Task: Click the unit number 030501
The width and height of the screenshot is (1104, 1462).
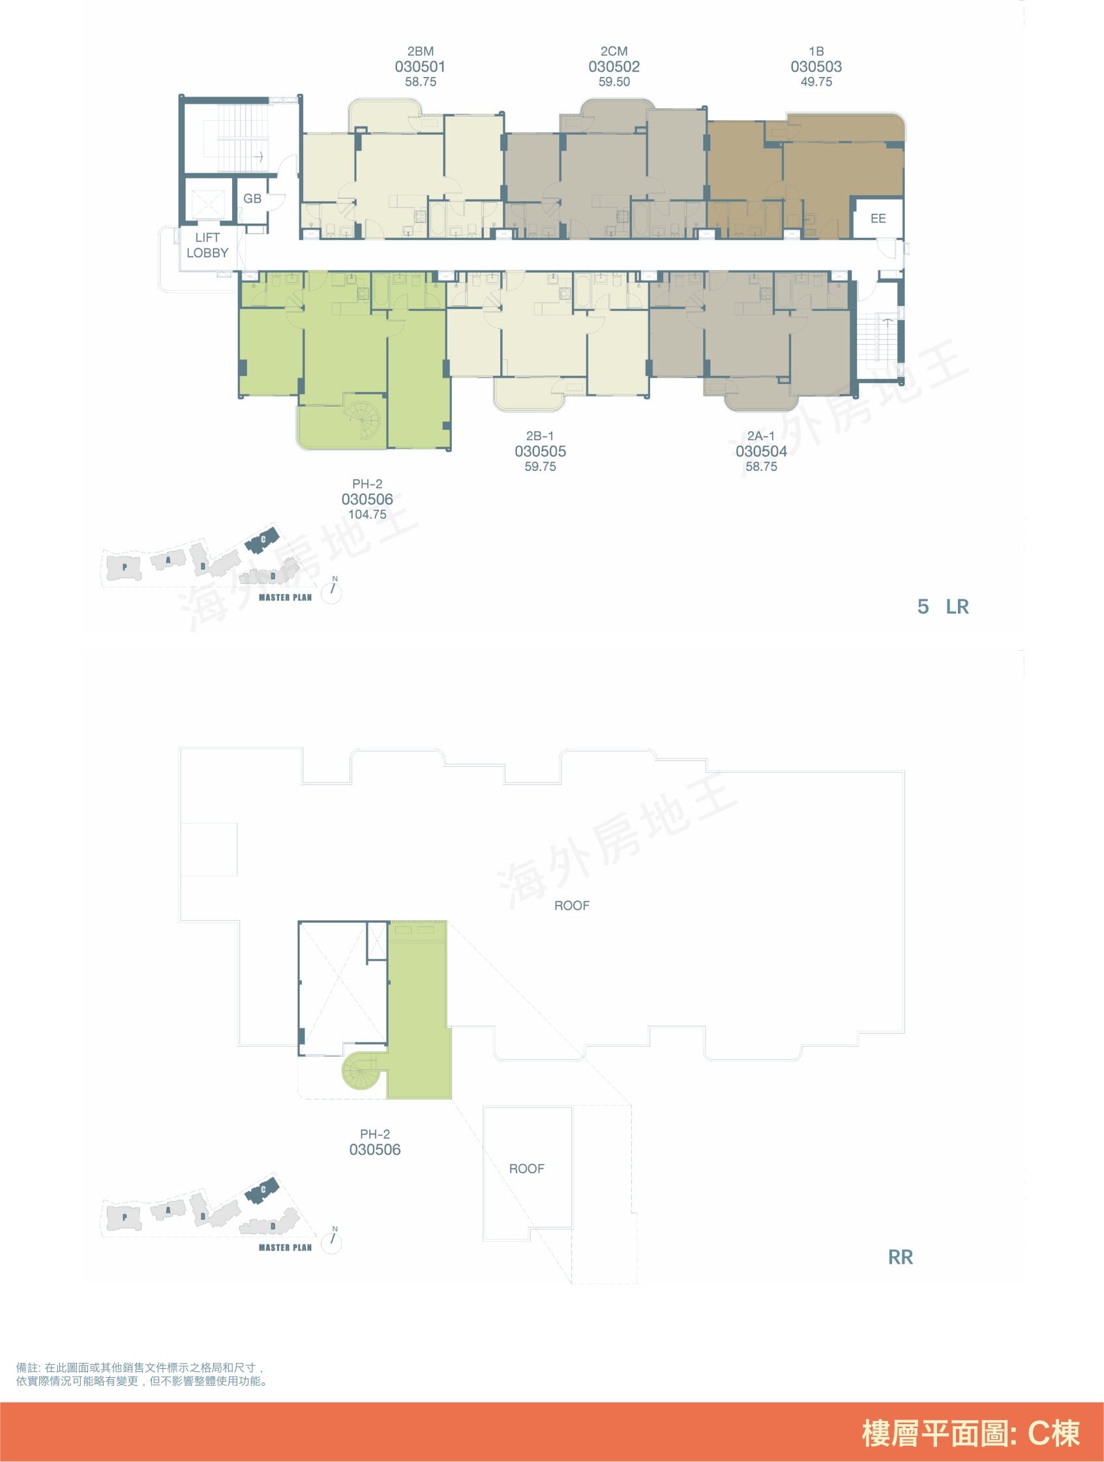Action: (420, 67)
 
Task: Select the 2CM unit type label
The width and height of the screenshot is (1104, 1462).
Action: (614, 51)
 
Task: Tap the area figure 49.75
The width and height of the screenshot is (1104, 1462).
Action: (816, 82)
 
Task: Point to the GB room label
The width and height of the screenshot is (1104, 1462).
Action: (252, 198)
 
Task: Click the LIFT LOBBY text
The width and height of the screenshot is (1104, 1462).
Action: (207, 245)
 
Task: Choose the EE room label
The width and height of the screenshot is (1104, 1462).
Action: (878, 218)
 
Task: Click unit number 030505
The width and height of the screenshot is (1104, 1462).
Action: (540, 451)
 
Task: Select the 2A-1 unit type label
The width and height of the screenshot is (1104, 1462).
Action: (761, 436)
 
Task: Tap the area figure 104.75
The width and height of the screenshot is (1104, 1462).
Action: (368, 515)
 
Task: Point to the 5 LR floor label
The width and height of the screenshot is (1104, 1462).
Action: (944, 606)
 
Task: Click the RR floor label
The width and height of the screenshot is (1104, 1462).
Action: (901, 1257)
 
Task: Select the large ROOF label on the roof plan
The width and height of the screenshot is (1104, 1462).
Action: (572, 906)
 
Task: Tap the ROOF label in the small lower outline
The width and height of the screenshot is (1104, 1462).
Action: (527, 1169)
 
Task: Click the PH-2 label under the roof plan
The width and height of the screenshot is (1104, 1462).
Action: (375, 1134)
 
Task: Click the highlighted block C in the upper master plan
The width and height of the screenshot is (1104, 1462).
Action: (262, 539)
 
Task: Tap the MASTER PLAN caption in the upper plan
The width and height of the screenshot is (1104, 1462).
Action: (285, 597)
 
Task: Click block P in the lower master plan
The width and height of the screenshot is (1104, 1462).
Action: (125, 1217)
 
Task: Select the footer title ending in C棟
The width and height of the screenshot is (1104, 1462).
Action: (970, 1433)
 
